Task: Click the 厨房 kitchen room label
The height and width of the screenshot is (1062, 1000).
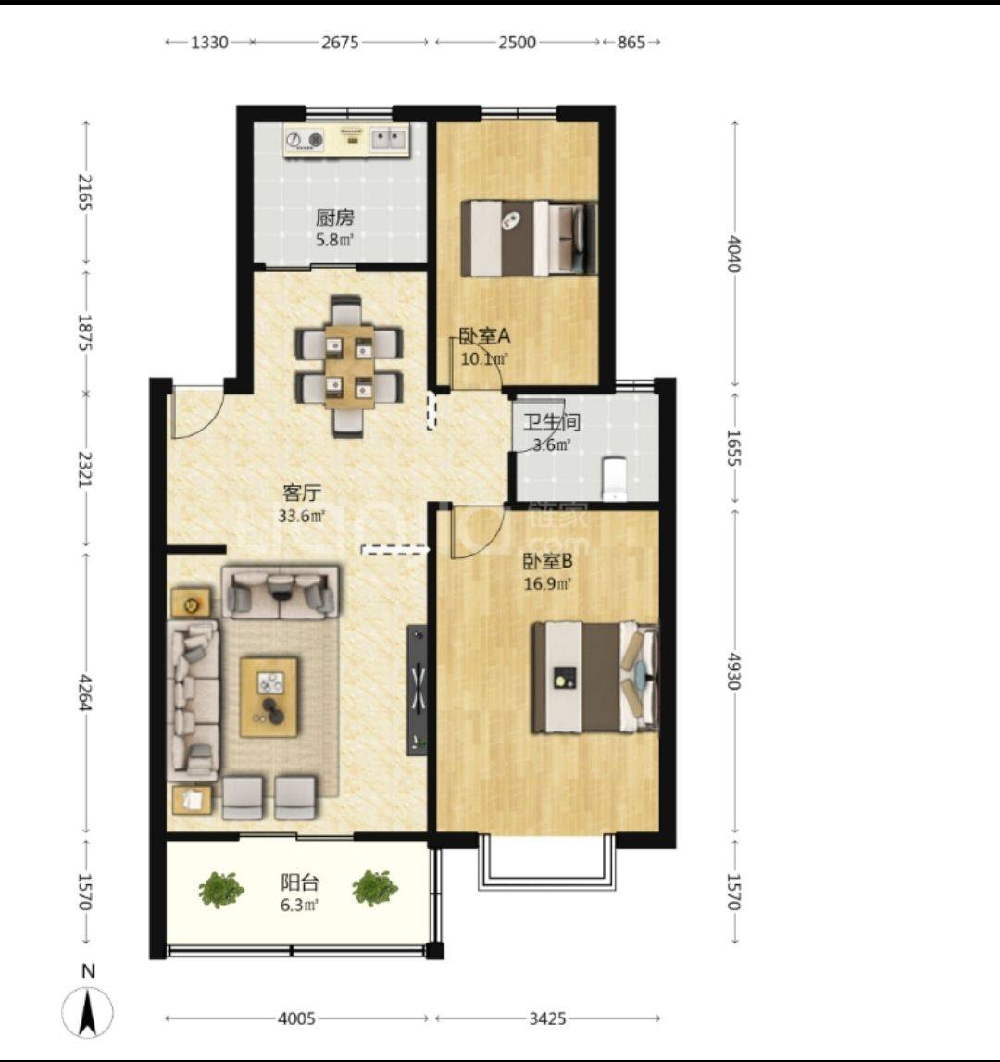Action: tap(334, 219)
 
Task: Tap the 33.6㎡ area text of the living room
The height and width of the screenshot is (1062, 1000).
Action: tap(302, 516)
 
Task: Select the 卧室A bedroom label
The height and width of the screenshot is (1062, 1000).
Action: tap(484, 336)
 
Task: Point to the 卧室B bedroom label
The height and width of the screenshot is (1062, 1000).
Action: tap(547, 561)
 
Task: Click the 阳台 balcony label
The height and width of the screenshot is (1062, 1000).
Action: tap(299, 882)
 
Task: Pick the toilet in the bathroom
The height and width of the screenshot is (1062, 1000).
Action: tap(615, 479)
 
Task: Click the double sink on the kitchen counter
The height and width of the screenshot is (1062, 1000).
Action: tap(388, 140)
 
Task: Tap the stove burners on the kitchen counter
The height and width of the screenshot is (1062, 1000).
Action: tap(305, 140)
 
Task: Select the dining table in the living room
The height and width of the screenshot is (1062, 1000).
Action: tap(349, 367)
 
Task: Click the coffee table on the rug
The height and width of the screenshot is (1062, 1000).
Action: tap(269, 696)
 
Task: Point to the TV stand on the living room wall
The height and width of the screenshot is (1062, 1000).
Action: tap(418, 690)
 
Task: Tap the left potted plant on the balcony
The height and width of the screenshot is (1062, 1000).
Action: tap(221, 889)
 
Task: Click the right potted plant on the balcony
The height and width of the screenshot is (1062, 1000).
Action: tap(375, 888)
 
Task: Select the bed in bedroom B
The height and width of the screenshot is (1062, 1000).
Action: tap(594, 678)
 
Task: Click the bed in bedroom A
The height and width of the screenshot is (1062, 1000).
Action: tap(529, 238)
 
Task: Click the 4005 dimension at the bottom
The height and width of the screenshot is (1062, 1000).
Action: tap(296, 1018)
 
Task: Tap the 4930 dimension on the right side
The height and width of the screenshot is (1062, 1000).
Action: tap(733, 670)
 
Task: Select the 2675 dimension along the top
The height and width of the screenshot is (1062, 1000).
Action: tap(340, 42)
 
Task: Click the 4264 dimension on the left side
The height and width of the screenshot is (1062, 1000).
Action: tap(85, 693)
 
